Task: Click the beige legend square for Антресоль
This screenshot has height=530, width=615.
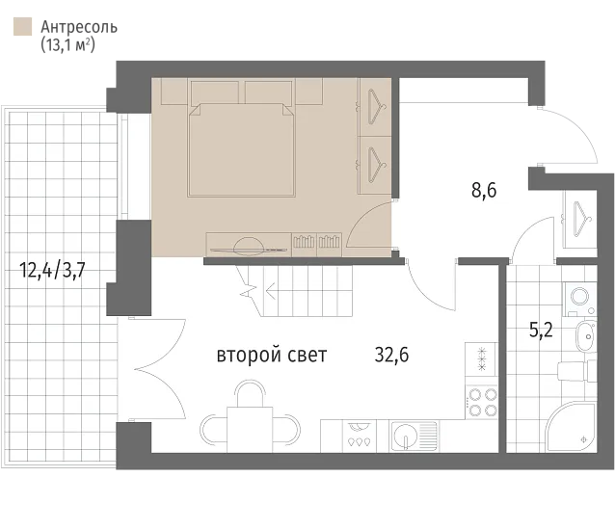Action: [22, 27]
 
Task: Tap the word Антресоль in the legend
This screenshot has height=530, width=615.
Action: [79, 27]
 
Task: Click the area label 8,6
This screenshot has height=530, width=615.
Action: [484, 190]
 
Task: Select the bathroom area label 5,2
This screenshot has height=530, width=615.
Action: [541, 331]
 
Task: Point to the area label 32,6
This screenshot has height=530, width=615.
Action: [391, 355]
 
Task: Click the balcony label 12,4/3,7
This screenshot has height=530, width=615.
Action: [52, 271]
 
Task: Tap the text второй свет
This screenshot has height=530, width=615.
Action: [272, 356]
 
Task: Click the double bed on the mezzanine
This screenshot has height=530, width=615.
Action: [241, 149]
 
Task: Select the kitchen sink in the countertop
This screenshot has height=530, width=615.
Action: [414, 437]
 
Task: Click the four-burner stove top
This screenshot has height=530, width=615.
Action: [482, 403]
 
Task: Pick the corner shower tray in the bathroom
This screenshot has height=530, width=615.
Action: [571, 427]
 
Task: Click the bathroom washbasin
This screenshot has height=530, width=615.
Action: [586, 336]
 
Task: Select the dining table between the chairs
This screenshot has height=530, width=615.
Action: [250, 430]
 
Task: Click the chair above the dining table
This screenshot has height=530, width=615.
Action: [250, 393]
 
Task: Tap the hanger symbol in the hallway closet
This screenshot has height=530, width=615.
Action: [581, 219]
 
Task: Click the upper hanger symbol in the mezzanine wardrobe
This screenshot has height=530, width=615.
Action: [377, 107]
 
